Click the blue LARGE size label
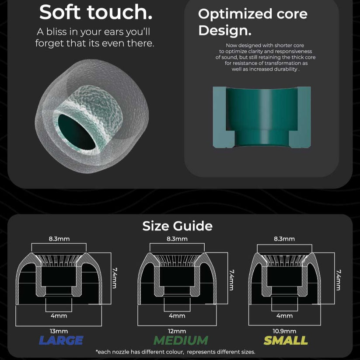(x=61, y=340)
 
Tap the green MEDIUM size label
(x=181, y=340)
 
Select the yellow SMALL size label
(x=286, y=340)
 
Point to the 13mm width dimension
(x=59, y=331)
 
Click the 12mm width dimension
(x=177, y=331)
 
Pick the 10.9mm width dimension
(x=284, y=331)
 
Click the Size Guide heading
(x=178, y=226)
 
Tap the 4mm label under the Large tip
(x=59, y=316)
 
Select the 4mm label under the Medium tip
(x=177, y=316)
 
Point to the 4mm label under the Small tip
(x=284, y=316)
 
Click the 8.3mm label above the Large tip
(x=59, y=239)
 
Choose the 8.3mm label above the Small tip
(x=284, y=239)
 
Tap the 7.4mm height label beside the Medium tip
(x=231, y=280)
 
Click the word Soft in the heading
(x=60, y=12)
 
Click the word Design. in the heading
(x=225, y=30)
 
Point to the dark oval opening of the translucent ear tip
(x=77, y=132)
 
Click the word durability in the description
(x=284, y=69)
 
